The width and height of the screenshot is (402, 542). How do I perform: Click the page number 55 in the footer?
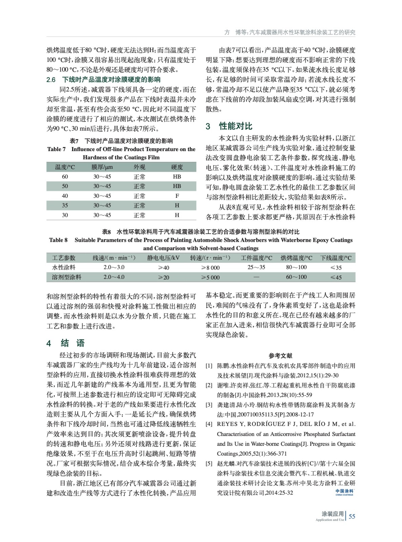(352, 516)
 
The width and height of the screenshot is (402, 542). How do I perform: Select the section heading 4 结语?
(66, 343)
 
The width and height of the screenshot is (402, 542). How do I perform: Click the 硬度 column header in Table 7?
(177, 167)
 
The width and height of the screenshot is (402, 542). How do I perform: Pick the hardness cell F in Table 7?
(177, 196)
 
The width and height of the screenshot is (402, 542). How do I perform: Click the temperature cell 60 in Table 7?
(65, 176)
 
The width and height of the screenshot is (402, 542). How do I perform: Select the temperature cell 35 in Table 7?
(65, 205)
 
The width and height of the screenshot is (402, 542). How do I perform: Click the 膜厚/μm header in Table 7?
(102, 167)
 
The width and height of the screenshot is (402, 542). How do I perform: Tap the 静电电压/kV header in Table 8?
(163, 258)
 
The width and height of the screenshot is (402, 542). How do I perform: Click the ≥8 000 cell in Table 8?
(210, 268)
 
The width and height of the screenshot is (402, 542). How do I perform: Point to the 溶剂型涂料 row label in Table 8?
(67, 277)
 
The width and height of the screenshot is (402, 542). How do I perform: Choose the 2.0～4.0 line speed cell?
(114, 277)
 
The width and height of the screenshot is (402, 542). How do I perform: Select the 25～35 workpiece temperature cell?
(256, 267)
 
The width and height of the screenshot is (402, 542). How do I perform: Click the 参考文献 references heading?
(280, 356)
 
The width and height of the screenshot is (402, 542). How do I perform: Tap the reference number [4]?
(209, 424)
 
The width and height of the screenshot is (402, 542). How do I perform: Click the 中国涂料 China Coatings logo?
(344, 492)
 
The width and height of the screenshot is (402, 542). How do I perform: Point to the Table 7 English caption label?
(57, 149)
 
